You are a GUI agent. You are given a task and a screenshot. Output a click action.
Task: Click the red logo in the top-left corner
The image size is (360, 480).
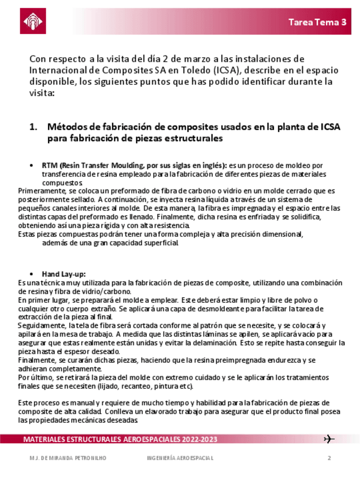click(x=33, y=22)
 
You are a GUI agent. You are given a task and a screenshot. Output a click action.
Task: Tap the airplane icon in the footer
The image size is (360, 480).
click(x=329, y=439)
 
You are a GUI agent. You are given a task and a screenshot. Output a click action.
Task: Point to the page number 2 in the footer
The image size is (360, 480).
click(x=329, y=458)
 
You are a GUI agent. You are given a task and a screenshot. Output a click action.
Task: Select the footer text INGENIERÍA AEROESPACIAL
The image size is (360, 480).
click(x=180, y=458)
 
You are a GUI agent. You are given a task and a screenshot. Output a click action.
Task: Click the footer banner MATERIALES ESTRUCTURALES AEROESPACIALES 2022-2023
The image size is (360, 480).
click(x=120, y=440)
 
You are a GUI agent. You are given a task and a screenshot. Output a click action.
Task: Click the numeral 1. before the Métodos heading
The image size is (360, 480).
click(x=33, y=127)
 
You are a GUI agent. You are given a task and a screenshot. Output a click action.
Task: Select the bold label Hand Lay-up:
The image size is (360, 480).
click(x=64, y=273)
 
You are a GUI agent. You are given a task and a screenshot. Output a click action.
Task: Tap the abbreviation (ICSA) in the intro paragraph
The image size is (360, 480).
click(x=227, y=70)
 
